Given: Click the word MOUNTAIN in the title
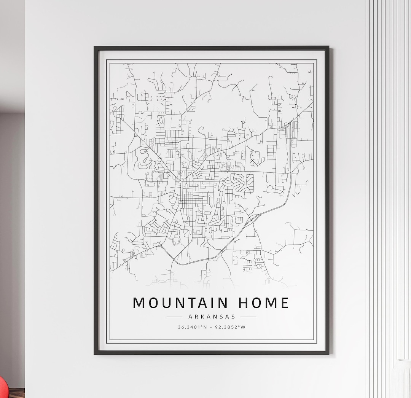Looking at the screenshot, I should tap(180, 303).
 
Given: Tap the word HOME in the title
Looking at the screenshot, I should tap(264, 303).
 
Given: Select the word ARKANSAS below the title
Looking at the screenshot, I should tap(212, 317).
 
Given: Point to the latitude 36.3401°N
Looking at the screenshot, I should tap(192, 327).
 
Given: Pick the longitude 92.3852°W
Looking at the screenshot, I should tap(231, 327).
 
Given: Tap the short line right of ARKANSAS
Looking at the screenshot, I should tap(249, 317).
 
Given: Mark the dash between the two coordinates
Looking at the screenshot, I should tap(212, 327).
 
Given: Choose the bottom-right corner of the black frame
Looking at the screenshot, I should tap(328, 353).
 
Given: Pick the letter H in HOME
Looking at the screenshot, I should tap(243, 303).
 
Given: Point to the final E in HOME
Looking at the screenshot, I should tap(285, 303).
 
